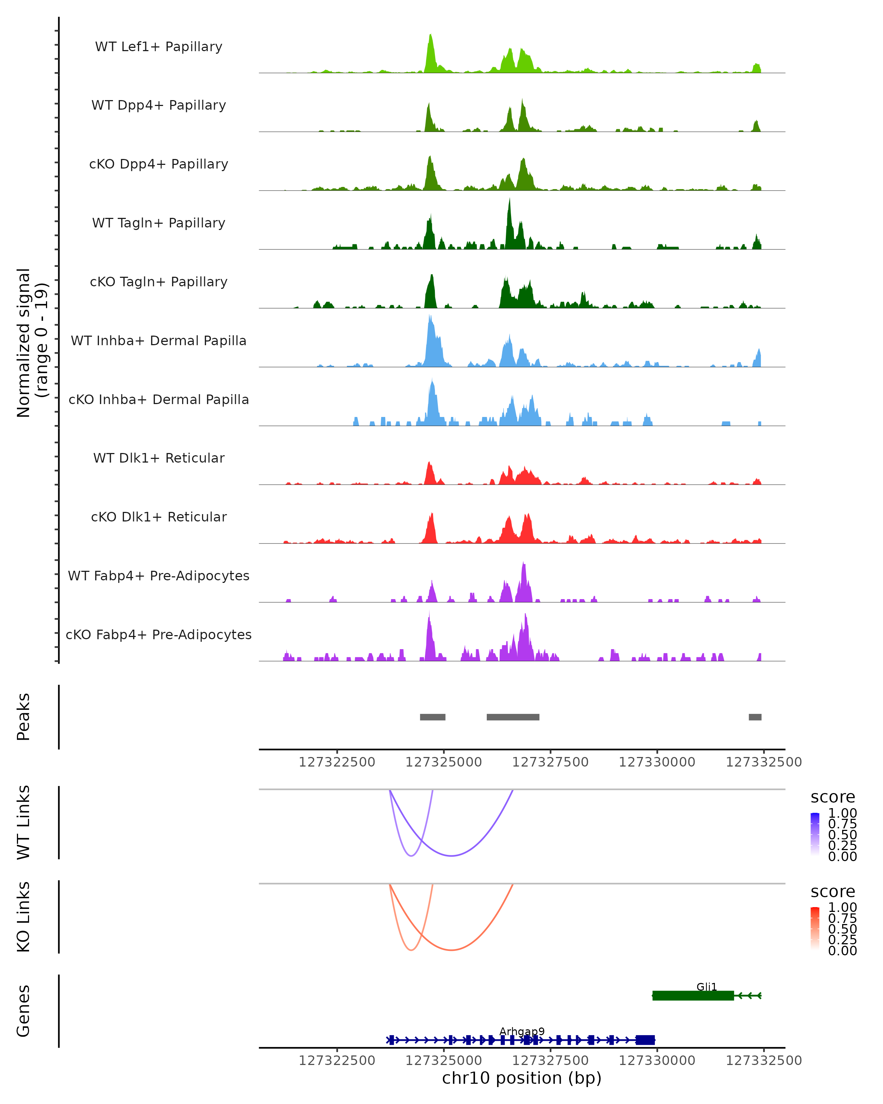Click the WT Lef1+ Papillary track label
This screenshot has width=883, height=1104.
(x=159, y=47)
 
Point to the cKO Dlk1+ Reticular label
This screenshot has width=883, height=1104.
(x=159, y=517)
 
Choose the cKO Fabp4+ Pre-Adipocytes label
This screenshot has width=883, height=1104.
(x=159, y=634)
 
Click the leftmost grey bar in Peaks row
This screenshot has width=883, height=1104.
(x=433, y=717)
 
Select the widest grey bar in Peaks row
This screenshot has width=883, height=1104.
(x=513, y=717)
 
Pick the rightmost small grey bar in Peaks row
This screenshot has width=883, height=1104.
(x=755, y=717)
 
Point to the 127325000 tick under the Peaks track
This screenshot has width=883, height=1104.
(x=444, y=762)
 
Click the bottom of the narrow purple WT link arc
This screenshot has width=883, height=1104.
(x=412, y=856)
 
